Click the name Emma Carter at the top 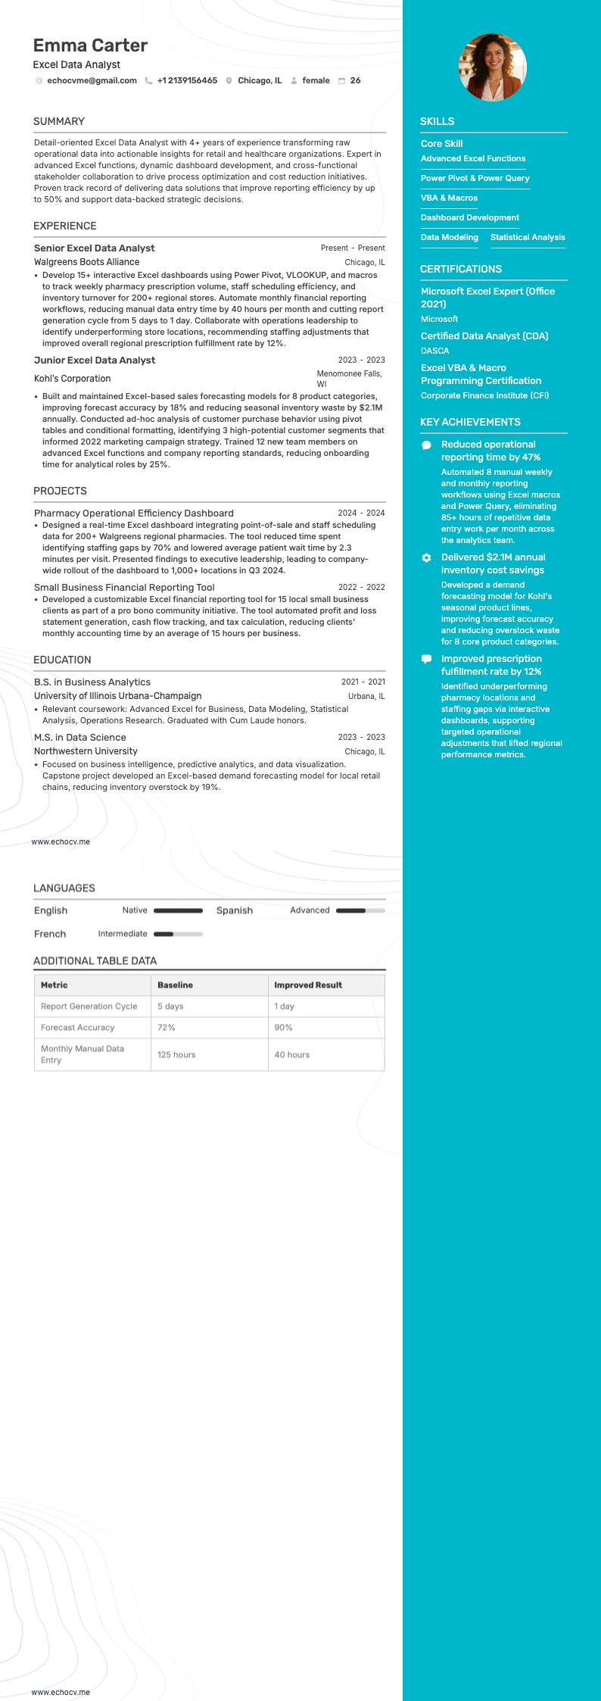point(90,45)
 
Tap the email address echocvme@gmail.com point(92,80)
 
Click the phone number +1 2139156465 point(187,80)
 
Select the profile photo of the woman point(493,67)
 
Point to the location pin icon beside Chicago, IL point(229,81)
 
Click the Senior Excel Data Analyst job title point(94,248)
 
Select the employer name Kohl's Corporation point(72,379)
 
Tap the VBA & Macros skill point(449,198)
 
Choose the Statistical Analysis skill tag point(528,237)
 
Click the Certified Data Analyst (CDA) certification point(484,336)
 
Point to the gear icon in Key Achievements point(426,557)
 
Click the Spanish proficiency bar point(360,910)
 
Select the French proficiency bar point(178,934)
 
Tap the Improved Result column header point(308,985)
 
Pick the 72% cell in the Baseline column point(167,1028)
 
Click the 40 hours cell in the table point(291,1054)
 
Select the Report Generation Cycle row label point(89,1007)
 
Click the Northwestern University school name point(86,751)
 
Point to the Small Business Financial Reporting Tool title point(124,587)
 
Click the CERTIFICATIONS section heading point(460,269)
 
